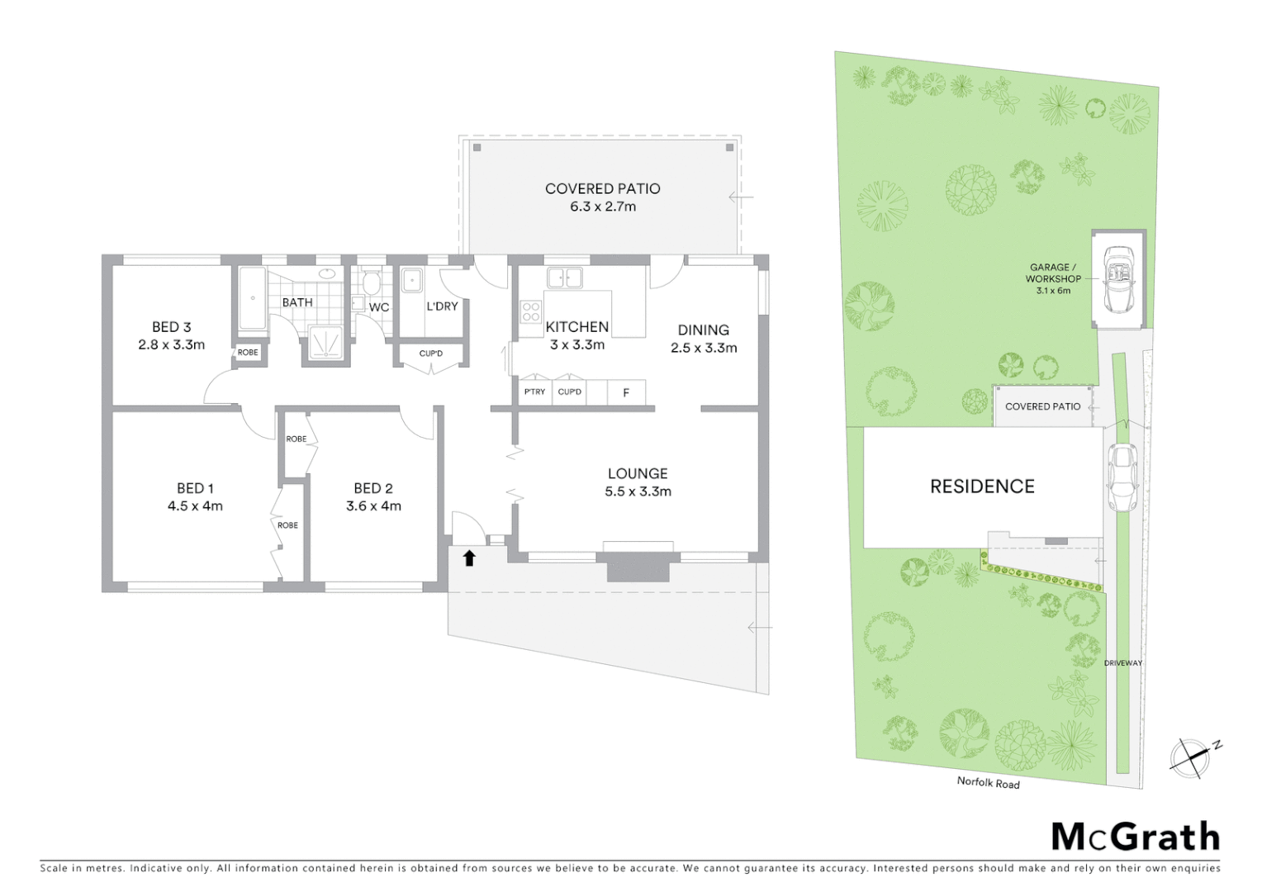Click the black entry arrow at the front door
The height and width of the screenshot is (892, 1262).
click(x=469, y=558)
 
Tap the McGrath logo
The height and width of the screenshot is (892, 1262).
click(x=1135, y=837)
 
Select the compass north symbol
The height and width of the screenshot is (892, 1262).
click(x=1191, y=757)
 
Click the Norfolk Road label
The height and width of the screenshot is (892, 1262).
click(x=988, y=782)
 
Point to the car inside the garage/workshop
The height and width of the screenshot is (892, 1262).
click(x=1119, y=279)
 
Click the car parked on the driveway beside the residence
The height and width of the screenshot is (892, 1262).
click(x=1122, y=477)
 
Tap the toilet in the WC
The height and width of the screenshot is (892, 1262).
click(x=371, y=283)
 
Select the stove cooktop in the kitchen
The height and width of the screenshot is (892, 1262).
click(x=530, y=312)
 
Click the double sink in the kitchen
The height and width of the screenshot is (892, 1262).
click(x=564, y=278)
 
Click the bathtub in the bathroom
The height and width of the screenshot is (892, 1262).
click(x=252, y=298)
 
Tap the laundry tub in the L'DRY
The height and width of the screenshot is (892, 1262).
click(x=412, y=281)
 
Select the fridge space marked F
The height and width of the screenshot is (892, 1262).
click(x=626, y=392)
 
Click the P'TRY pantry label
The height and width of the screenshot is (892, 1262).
click(x=534, y=391)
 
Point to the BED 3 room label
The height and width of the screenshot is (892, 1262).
click(x=172, y=327)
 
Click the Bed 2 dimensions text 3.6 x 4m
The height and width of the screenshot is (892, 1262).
click(x=373, y=506)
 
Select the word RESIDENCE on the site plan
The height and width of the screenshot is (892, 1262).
click(x=982, y=486)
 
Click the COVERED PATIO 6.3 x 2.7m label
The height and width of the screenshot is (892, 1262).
click(x=602, y=197)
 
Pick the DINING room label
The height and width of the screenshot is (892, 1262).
click(x=703, y=330)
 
